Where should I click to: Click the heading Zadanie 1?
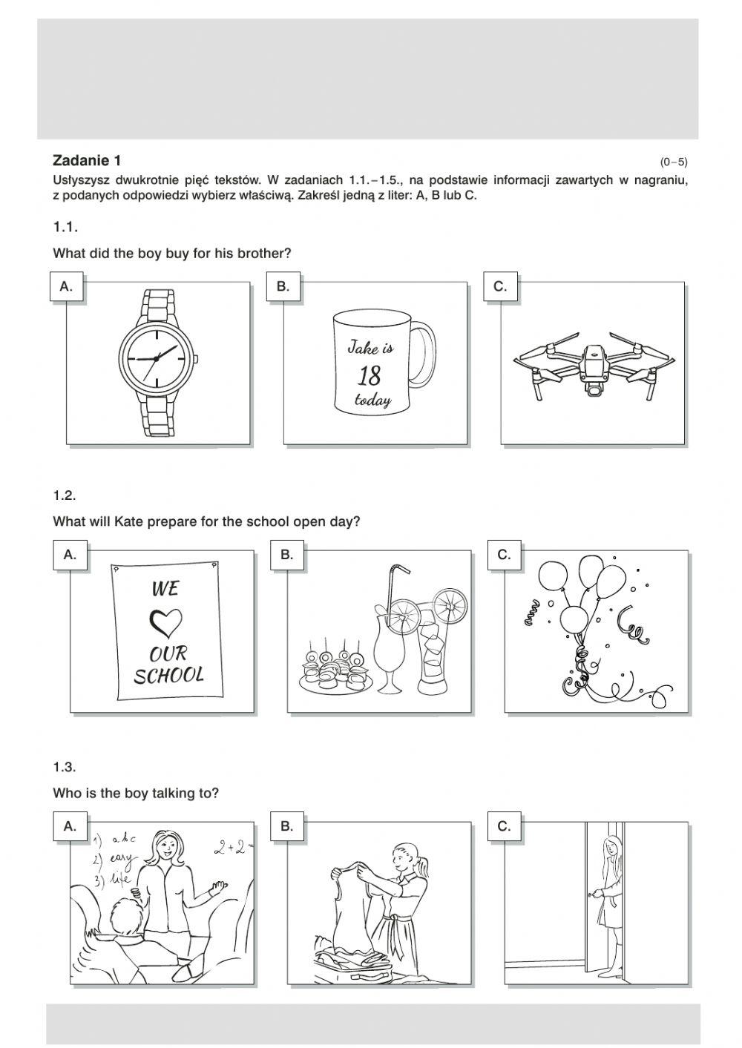[87, 160]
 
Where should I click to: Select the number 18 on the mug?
[370, 375]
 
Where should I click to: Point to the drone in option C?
[594, 367]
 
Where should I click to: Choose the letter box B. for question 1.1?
[283, 286]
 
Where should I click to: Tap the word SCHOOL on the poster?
[168, 675]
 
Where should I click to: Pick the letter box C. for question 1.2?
[504, 555]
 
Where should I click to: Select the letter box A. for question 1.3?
[70, 826]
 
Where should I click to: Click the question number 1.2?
[65, 495]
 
